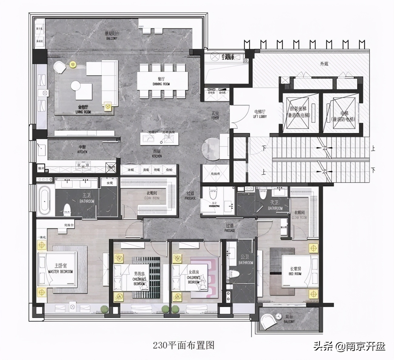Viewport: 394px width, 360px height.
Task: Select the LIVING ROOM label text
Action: [x=83, y=109]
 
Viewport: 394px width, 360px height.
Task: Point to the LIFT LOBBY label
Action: [x=260, y=114]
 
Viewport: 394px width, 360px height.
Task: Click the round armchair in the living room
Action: [x=60, y=67]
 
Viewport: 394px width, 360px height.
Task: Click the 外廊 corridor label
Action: [x=324, y=64]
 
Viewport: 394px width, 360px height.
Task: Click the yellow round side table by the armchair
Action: [x=73, y=64]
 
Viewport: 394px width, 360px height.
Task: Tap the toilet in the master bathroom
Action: [x=67, y=209]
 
